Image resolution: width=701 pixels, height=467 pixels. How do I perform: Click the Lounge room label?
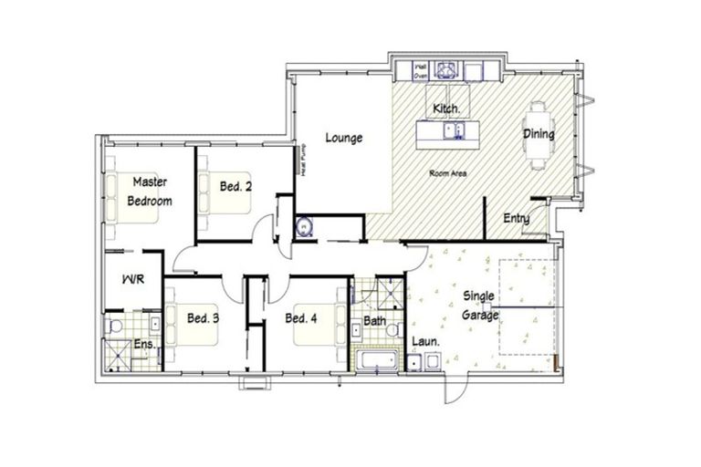tap(344, 139)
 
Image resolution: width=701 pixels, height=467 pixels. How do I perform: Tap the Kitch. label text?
tap(445, 109)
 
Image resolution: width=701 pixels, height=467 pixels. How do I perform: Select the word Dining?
tap(539, 134)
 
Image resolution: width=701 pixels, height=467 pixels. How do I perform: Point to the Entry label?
tap(517, 219)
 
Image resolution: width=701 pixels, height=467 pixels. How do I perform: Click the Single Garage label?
tap(480, 306)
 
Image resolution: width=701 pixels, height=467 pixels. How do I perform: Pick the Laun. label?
tap(426, 342)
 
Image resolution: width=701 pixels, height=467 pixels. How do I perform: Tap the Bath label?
tap(374, 321)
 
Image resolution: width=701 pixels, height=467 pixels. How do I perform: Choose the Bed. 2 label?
tap(235, 186)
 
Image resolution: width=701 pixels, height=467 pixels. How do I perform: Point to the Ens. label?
tap(144, 344)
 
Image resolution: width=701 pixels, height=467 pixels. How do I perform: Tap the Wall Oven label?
tap(422, 72)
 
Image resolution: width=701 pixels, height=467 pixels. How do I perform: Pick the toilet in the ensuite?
tap(112, 324)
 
